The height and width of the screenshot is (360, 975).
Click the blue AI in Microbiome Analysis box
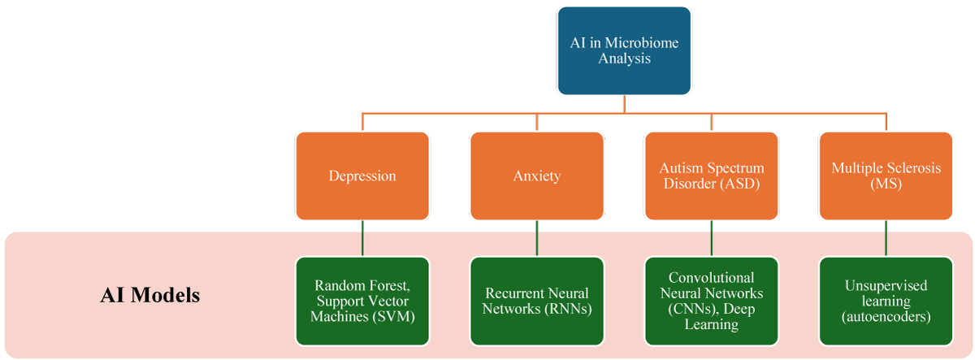click(x=624, y=50)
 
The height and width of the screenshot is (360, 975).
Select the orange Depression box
click(x=362, y=176)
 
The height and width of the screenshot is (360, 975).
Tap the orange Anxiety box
click(x=537, y=176)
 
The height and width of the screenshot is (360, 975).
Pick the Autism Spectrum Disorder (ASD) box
click(x=711, y=176)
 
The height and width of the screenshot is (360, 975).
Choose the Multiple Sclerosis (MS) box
click(x=886, y=176)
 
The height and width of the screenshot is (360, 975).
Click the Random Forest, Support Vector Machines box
click(x=362, y=301)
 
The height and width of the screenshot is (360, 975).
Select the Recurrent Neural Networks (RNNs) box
click(x=537, y=301)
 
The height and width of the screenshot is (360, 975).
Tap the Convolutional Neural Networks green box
click(x=711, y=301)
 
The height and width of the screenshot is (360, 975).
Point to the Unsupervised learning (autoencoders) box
click(x=886, y=301)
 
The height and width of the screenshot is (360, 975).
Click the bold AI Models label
click(x=149, y=295)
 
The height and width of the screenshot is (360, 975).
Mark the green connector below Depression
click(x=362, y=238)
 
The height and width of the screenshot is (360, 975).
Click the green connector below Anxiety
click(x=537, y=238)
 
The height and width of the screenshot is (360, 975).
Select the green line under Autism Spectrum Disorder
click(x=711, y=238)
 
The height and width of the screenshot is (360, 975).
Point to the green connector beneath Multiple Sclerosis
click(x=886, y=238)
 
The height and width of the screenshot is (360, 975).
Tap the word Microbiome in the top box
click(x=642, y=42)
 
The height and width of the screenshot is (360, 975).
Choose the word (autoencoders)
click(x=886, y=316)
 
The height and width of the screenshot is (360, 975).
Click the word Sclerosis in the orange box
click(x=916, y=168)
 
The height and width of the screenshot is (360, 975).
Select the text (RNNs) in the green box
click(x=569, y=309)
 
